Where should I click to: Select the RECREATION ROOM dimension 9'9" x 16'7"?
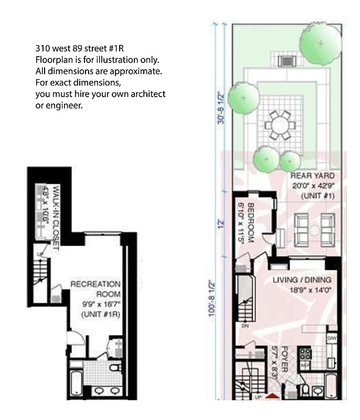click(x=101, y=304)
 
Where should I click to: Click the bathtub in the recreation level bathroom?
click(x=76, y=383)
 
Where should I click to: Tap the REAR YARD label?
click(x=312, y=175)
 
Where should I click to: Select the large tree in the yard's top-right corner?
click(x=320, y=44)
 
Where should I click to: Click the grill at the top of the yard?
click(x=287, y=60)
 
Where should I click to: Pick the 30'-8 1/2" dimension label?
click(x=220, y=108)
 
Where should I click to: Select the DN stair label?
click(x=245, y=325)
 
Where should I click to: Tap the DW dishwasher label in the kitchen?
click(x=332, y=339)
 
